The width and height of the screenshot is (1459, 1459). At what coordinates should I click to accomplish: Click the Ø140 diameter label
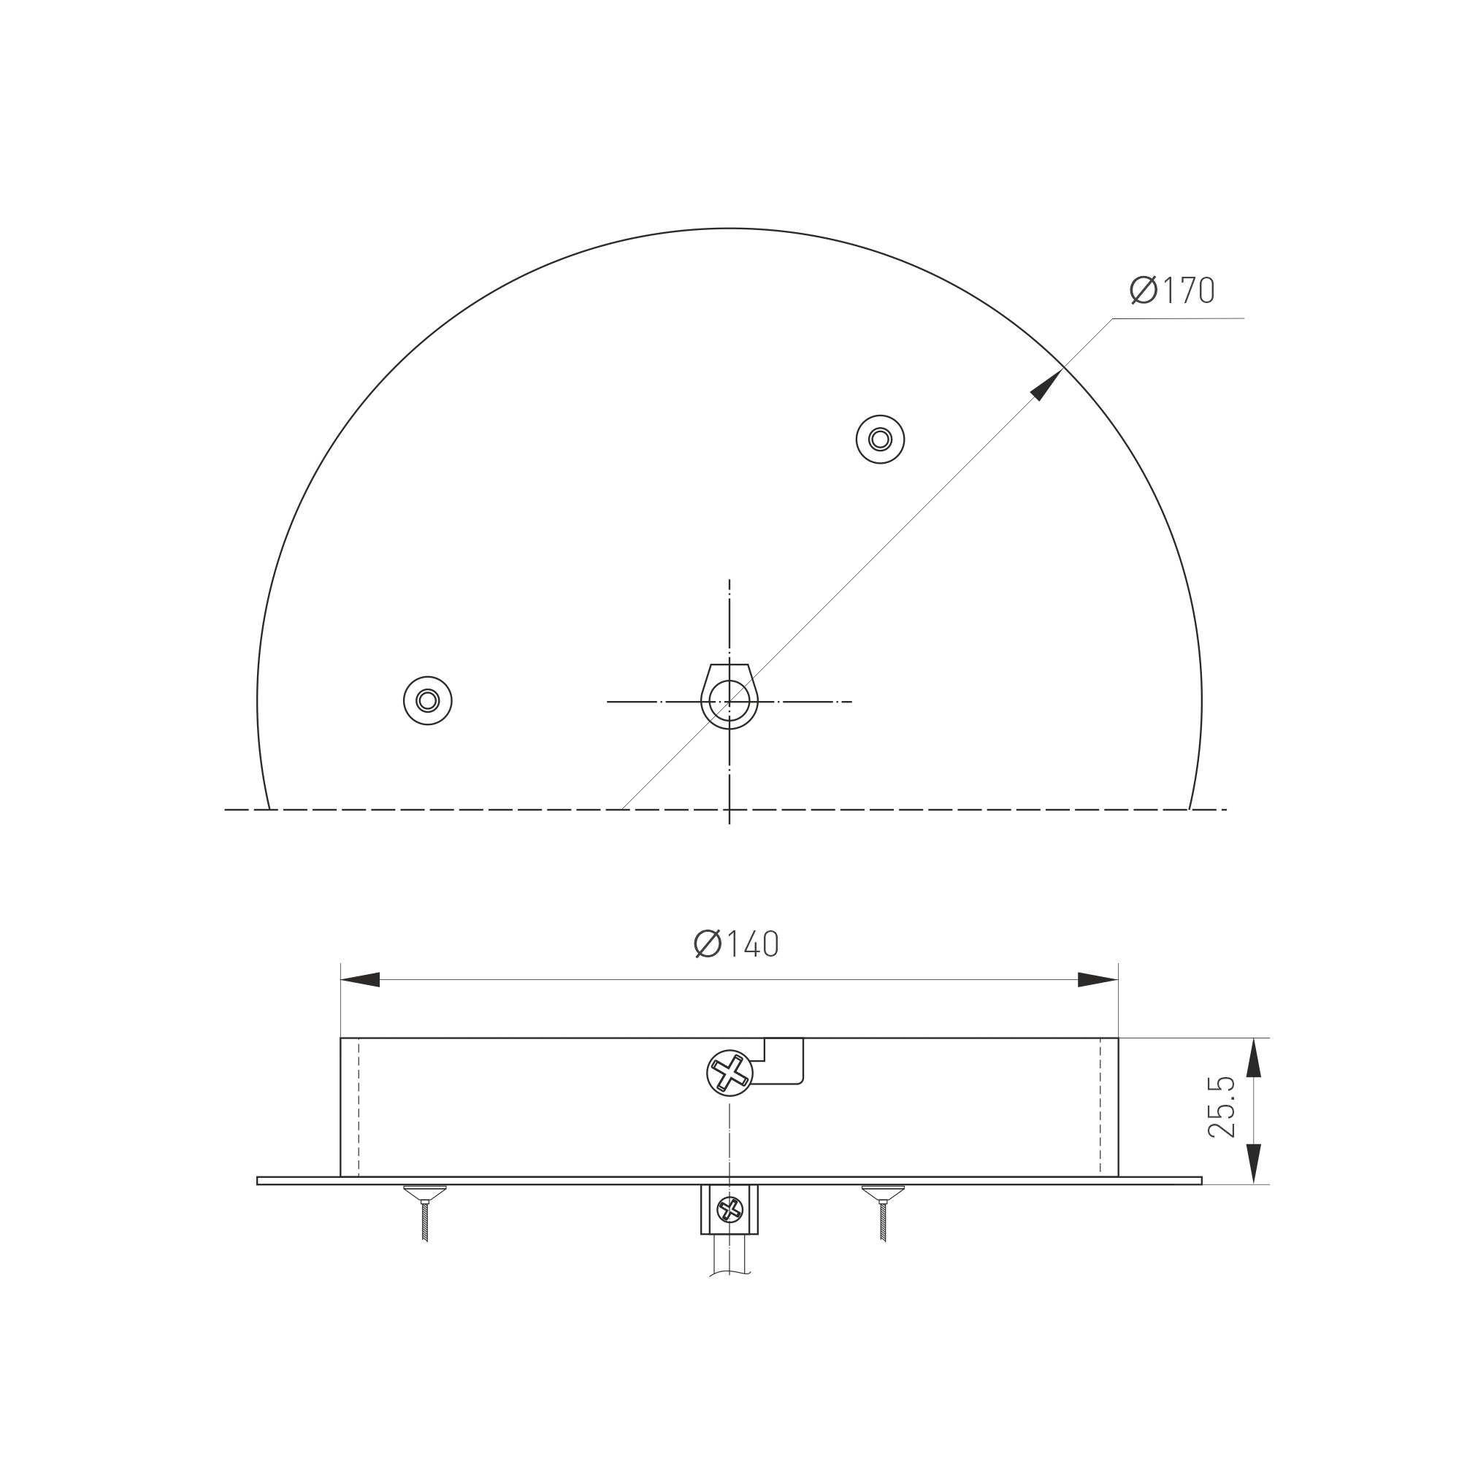(x=736, y=944)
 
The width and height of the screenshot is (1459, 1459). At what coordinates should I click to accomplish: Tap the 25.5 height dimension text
(x=1221, y=1107)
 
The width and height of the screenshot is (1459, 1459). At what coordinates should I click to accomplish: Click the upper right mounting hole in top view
(x=880, y=439)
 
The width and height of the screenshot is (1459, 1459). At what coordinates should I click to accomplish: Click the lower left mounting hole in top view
(x=427, y=700)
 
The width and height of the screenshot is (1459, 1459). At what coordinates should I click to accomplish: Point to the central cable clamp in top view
(x=729, y=698)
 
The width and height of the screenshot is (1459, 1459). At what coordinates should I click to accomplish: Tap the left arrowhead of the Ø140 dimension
(x=360, y=979)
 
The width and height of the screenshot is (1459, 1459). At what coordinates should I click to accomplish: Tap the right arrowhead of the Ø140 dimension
(x=1098, y=979)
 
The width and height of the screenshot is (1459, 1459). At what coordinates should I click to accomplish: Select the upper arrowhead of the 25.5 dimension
(x=1254, y=1057)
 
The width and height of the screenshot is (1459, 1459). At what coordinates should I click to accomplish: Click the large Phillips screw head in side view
(x=729, y=1073)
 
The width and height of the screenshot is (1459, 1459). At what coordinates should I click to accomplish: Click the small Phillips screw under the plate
(x=729, y=1209)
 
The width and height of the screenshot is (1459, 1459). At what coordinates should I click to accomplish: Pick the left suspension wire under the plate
(x=425, y=1221)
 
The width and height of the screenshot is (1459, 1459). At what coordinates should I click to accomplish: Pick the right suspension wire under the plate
(x=883, y=1221)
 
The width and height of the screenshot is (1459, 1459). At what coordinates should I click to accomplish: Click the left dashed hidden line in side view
(x=359, y=1107)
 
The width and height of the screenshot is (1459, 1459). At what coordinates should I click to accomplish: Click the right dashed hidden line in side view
(x=1100, y=1107)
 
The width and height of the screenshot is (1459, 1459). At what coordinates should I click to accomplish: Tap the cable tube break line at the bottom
(x=729, y=1274)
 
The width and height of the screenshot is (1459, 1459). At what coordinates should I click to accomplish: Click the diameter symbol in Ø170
(x=1144, y=290)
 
